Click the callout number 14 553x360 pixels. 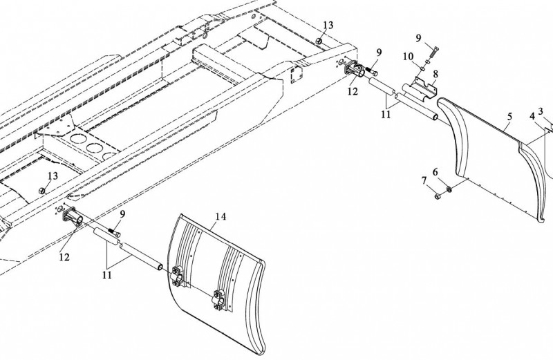pos(219,216)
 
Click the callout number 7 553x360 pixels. pos(424,182)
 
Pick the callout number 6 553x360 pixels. pos(435,171)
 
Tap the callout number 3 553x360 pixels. pos(438,196)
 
